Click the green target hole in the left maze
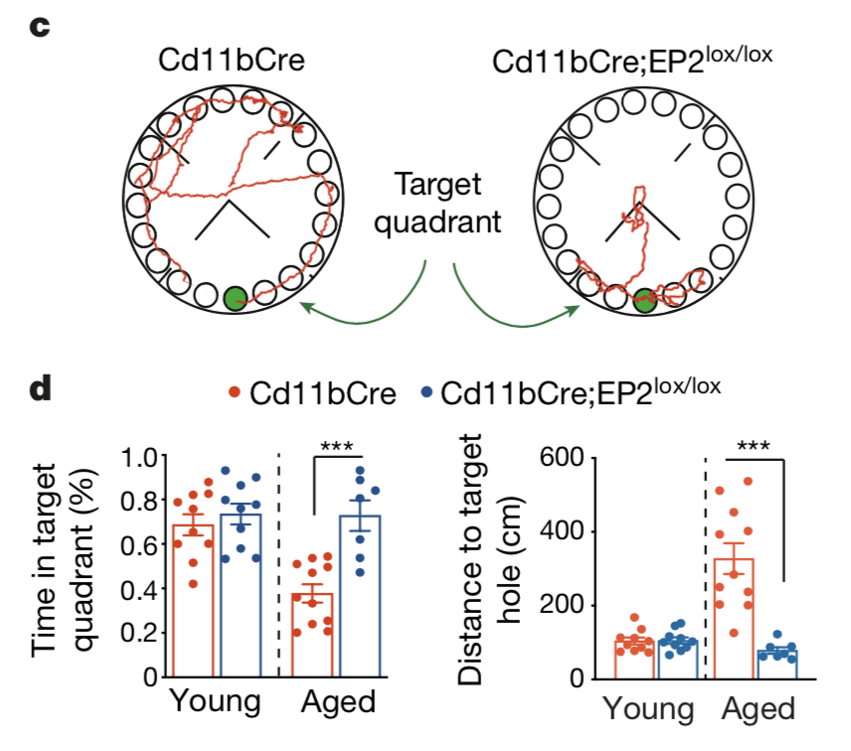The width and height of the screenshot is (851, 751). [235, 298]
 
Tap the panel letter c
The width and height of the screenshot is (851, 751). [41, 27]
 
